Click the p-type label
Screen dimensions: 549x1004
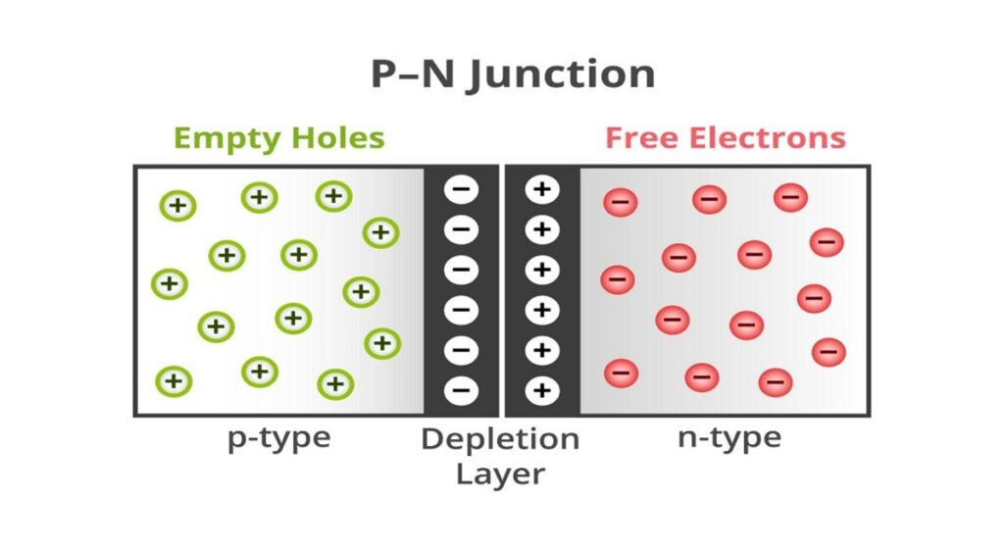tap(279, 438)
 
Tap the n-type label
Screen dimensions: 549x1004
tap(729, 437)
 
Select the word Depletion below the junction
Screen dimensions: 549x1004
tap(500, 439)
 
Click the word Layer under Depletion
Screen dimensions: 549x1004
tap(500, 474)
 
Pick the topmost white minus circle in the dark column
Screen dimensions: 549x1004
tap(462, 190)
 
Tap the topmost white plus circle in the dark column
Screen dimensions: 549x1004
tap(541, 190)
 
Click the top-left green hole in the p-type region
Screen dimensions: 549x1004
tap(177, 206)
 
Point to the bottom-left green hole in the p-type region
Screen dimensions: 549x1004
tap(174, 380)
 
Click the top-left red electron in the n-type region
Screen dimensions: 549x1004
tap(621, 203)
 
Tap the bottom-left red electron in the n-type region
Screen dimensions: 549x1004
tap(622, 373)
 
